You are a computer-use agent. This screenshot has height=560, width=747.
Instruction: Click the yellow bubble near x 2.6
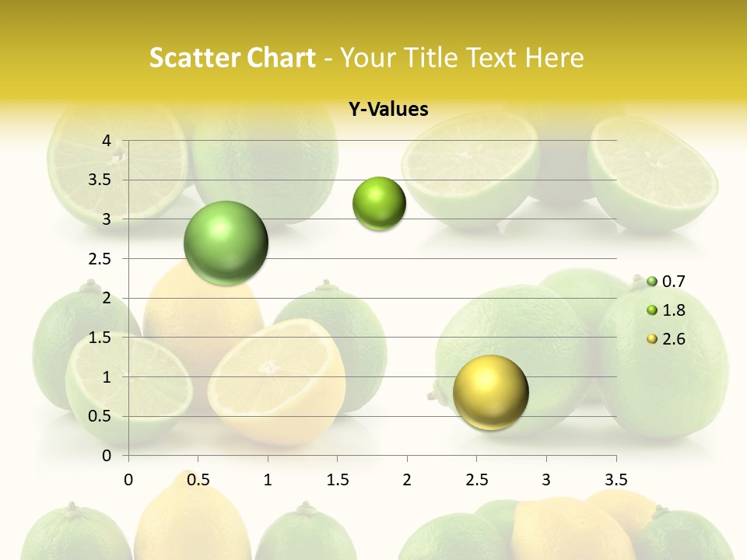click(x=490, y=392)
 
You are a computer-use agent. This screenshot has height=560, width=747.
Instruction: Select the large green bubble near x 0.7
click(x=226, y=243)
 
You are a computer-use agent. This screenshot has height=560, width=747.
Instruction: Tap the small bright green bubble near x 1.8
click(x=379, y=204)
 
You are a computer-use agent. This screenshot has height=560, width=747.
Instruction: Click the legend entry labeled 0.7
click(x=673, y=282)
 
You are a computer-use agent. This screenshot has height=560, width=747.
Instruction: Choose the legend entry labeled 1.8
click(x=673, y=310)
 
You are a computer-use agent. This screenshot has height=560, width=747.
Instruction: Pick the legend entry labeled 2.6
click(x=673, y=338)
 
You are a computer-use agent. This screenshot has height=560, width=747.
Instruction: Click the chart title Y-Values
click(x=388, y=110)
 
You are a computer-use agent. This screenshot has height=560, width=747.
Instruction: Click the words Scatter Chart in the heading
click(x=232, y=58)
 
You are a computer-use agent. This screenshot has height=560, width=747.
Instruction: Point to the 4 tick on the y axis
click(x=107, y=141)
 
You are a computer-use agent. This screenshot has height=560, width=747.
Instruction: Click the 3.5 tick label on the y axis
click(x=100, y=180)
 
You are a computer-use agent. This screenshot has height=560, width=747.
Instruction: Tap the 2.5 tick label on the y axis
click(x=100, y=259)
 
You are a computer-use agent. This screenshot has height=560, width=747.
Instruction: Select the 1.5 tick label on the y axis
click(x=100, y=338)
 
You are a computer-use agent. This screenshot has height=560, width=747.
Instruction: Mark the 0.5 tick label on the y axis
click(x=100, y=416)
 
